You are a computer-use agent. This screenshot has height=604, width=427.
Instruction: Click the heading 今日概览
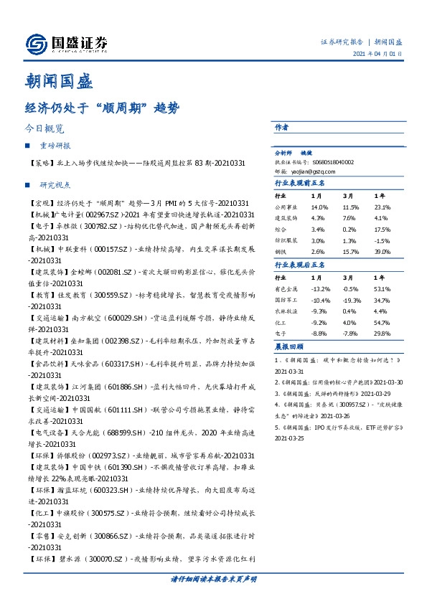click(44, 129)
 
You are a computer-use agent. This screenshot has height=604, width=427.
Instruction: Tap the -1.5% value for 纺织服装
click(383, 241)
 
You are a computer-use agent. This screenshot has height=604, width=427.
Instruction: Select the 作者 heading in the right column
click(281, 127)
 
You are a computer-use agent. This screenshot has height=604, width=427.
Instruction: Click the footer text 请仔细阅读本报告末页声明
click(213, 578)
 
